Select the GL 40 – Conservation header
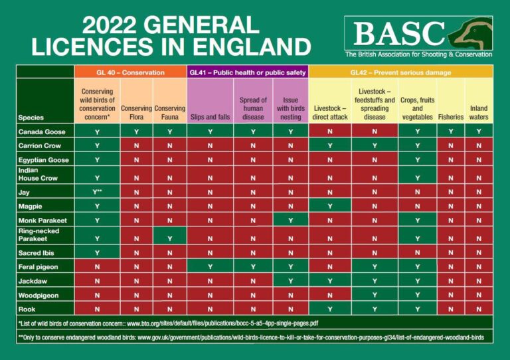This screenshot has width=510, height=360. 129,72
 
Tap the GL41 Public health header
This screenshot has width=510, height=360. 248,72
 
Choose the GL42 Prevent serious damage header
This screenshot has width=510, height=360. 400,72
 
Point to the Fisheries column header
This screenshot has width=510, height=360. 451,118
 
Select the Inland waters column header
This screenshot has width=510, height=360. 479,112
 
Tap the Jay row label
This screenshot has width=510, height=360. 24,192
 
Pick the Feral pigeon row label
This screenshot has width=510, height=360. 39,266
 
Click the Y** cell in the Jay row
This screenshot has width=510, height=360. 98,192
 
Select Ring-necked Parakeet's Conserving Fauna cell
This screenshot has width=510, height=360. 169,238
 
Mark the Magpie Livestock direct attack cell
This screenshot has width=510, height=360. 330,207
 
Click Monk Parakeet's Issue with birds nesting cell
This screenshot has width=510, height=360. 291,221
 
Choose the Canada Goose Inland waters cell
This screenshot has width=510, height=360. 479,132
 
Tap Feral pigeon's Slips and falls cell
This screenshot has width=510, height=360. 211,266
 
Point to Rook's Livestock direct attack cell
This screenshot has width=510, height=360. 330,309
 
